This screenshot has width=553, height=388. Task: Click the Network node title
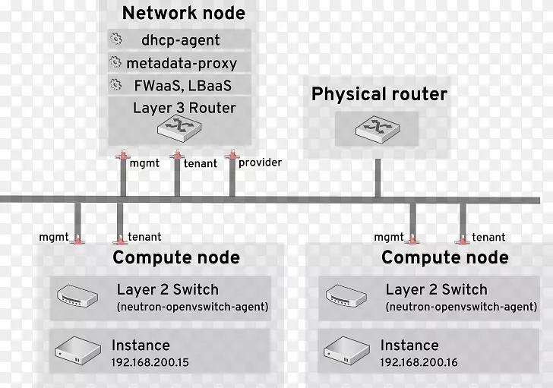click(183, 13)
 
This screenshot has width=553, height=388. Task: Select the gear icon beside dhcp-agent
click(115, 39)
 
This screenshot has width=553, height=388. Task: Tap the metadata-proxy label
click(183, 63)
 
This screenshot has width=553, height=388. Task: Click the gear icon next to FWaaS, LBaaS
click(115, 84)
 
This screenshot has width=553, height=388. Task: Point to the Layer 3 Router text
click(184, 107)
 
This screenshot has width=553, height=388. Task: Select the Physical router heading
click(379, 94)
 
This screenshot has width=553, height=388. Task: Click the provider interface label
click(260, 162)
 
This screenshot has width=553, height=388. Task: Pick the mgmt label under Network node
click(144, 162)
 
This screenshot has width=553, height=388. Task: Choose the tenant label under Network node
click(200, 162)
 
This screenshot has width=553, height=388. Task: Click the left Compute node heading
click(176, 257)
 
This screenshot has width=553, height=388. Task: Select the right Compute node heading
click(445, 257)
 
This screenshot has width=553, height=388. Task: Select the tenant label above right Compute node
click(488, 237)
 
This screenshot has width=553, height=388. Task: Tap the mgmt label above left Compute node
click(54, 237)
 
